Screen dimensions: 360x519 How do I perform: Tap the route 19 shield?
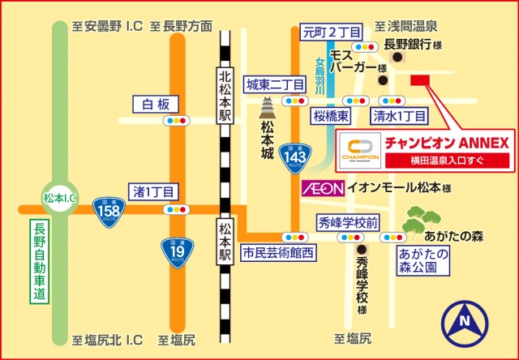176,251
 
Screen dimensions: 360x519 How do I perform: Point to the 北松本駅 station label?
225,96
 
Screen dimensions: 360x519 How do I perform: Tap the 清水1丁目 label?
398,116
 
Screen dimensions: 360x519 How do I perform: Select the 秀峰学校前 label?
349,221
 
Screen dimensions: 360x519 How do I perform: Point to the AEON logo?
323,187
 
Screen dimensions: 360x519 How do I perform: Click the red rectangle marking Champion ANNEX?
419,79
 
